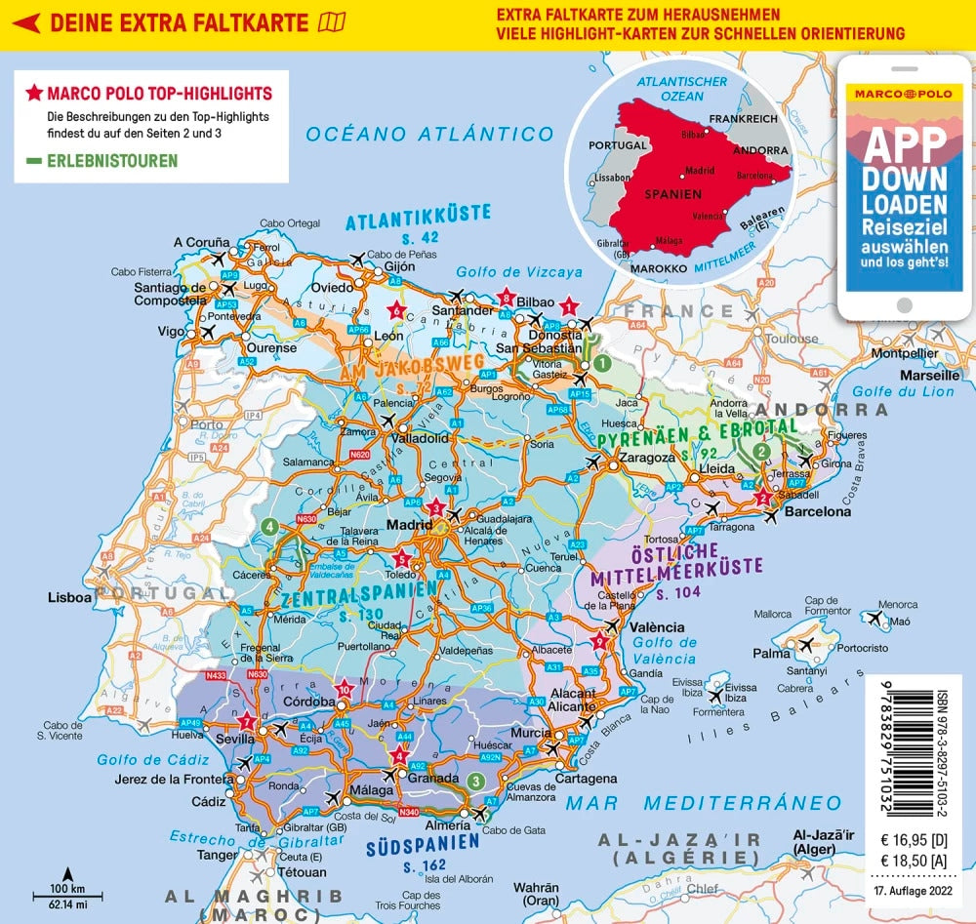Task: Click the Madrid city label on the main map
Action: click(408, 525)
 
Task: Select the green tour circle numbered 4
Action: click(269, 527)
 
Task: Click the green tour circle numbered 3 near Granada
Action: click(474, 780)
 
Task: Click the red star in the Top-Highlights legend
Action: click(34, 94)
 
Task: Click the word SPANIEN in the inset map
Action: click(672, 194)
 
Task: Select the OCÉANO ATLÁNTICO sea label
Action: click(429, 135)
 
